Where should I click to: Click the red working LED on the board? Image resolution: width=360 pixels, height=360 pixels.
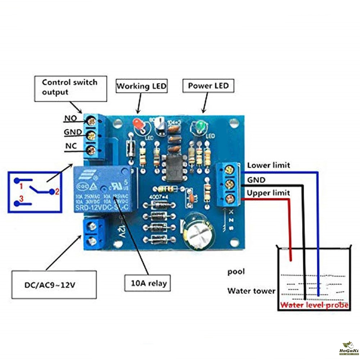tap(138, 125)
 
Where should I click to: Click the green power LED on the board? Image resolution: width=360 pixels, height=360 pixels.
tap(200, 126)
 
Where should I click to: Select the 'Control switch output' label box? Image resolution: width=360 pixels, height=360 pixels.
tap(70, 88)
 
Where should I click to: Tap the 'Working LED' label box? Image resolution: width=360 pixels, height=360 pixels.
tap(141, 86)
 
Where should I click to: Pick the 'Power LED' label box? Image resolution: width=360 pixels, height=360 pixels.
tap(208, 86)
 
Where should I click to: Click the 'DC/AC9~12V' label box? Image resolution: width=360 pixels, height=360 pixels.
tap(54, 285)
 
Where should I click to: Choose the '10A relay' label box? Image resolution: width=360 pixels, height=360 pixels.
tap(147, 283)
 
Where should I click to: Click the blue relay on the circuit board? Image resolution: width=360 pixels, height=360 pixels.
tap(103, 189)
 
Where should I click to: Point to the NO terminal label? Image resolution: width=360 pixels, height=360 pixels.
tap(71, 118)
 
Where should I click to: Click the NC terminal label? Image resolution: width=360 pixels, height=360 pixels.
tap(71, 147)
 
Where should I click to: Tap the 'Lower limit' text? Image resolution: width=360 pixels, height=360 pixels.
tap(268, 166)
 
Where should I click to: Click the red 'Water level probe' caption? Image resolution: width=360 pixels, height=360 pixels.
tap(314, 306)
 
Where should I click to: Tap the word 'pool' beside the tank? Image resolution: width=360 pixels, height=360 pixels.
tap(236, 271)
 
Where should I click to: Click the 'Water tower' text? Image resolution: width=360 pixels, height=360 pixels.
tap(251, 291)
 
